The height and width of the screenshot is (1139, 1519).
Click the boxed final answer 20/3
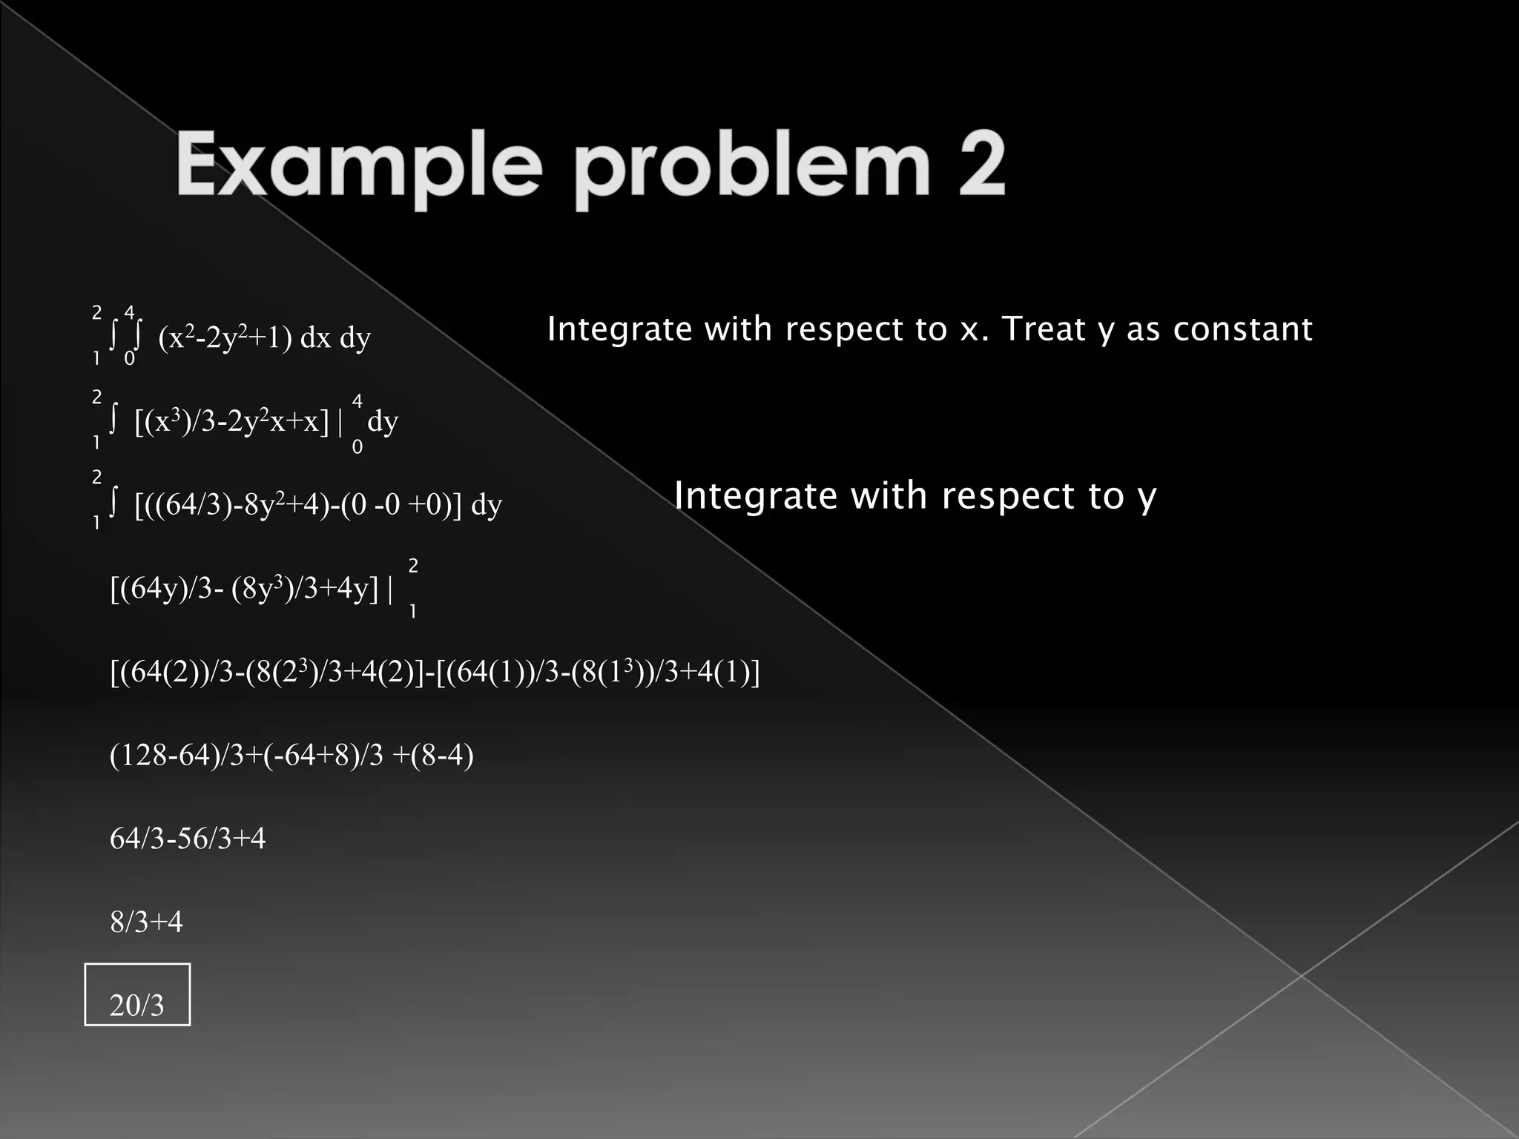137,1005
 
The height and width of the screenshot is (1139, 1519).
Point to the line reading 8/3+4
146,922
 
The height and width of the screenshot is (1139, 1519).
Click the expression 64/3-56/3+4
188,839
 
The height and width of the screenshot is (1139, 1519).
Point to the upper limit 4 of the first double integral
130,311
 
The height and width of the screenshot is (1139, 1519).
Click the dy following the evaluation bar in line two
383,421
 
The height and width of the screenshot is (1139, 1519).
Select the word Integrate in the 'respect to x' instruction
619,329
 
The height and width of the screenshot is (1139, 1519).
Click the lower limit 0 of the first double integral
129,359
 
